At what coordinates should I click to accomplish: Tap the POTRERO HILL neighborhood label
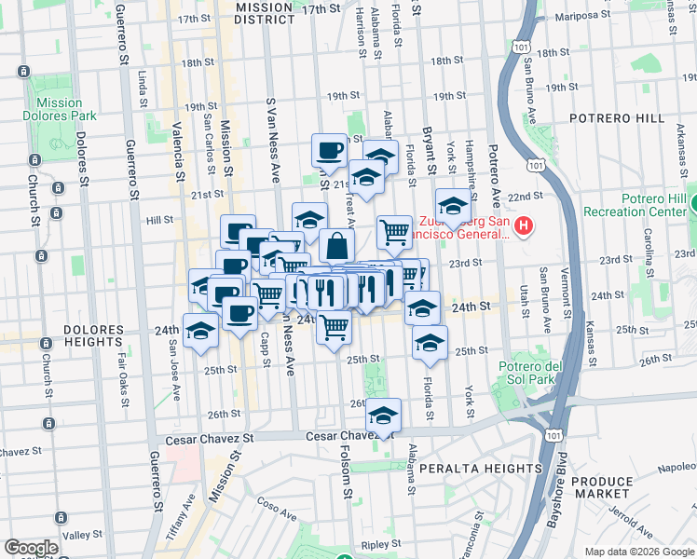click(x=619, y=119)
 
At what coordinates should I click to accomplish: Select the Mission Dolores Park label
click(x=61, y=109)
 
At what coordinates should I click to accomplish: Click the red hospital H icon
click(x=524, y=225)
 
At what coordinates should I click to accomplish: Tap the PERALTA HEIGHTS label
click(x=480, y=468)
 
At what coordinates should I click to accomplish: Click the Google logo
click(x=31, y=548)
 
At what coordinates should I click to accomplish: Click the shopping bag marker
click(x=336, y=246)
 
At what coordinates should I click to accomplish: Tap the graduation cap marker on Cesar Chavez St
click(x=382, y=416)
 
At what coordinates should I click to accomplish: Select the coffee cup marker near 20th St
click(x=329, y=149)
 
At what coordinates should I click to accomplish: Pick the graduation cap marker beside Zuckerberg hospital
click(x=453, y=208)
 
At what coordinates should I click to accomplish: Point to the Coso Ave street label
click(x=277, y=511)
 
